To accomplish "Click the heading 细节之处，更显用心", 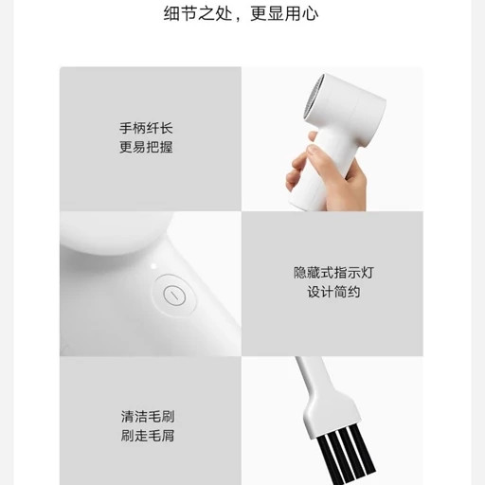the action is point(241,14).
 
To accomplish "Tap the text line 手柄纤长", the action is point(146,128).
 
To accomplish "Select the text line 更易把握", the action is point(146,147).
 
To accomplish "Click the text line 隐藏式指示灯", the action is point(333,273).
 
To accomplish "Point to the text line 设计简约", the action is point(333,292).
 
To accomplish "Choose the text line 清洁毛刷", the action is point(148,417).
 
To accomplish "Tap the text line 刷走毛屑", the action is point(148,436).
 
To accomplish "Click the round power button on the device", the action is point(174,295).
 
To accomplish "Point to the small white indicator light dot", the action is point(153,266).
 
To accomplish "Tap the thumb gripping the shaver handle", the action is point(317,152).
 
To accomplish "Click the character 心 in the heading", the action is point(310,14).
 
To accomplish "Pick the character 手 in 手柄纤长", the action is point(126,128).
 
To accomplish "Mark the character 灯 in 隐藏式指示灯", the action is point(368,273).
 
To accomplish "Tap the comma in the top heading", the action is point(239,19).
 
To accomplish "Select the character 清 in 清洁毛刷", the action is point(127,417).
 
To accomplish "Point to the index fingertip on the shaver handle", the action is point(312,136).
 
